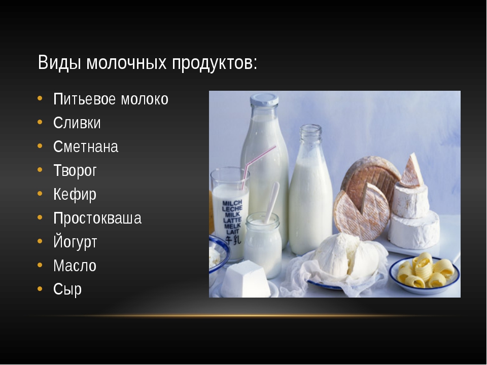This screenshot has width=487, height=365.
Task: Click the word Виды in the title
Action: point(59,63)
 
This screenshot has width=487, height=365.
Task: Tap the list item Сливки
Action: point(77,123)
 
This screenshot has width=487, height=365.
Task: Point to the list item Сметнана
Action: point(85,147)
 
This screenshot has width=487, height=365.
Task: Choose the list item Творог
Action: point(75,171)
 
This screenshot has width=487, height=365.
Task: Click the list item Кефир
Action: point(75,195)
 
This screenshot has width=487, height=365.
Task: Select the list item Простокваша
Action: point(97,218)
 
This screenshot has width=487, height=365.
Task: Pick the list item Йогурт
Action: point(75,242)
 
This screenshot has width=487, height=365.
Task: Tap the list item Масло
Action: point(75,266)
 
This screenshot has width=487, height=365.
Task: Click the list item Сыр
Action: point(67,289)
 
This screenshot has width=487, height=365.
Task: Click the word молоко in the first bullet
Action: point(145,99)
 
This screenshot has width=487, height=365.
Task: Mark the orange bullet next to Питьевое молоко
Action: point(40,98)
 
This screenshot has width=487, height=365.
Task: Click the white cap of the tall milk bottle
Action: point(264,100)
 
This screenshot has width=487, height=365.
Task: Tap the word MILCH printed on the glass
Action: point(232,204)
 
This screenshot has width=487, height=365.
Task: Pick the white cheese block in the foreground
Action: point(246,279)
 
